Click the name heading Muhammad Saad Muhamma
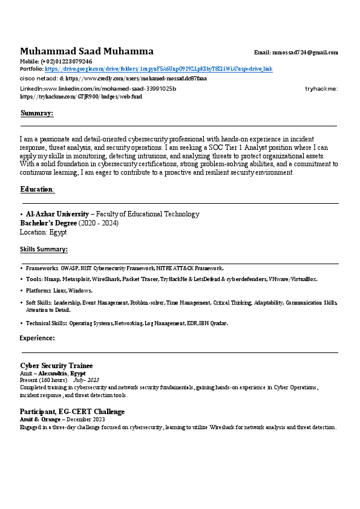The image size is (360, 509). pyautogui.click(x=87, y=51)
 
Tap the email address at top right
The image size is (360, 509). pyautogui.click(x=306, y=53)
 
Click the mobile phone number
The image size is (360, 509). pyautogui.click(x=67, y=62)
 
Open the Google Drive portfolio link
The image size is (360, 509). pyautogui.click(x=159, y=70)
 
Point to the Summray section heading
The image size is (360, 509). pyautogui.click(x=37, y=113)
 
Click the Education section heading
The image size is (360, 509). pyautogui.click(x=37, y=189)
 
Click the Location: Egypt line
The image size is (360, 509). pyautogui.click(x=43, y=232)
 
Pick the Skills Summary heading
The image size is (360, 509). pyautogui.click(x=44, y=249)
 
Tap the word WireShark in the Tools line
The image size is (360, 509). pyautogui.click(x=105, y=279)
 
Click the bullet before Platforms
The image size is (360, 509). pyautogui.click(x=22, y=291)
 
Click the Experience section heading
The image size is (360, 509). pyautogui.click(x=38, y=338)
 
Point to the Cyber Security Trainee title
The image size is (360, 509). pyautogui.click(x=56, y=366)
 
